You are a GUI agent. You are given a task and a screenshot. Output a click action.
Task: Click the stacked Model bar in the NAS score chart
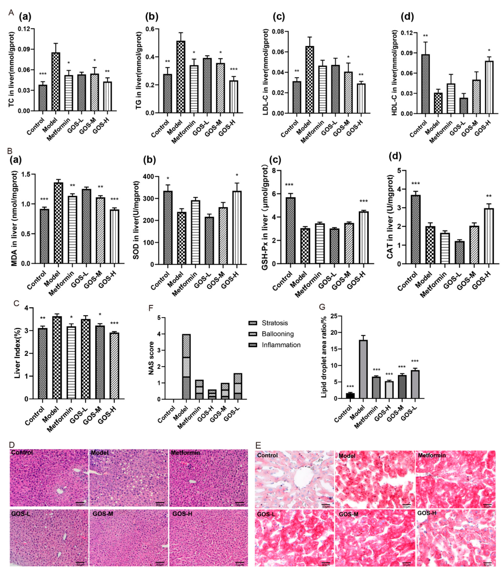186,367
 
